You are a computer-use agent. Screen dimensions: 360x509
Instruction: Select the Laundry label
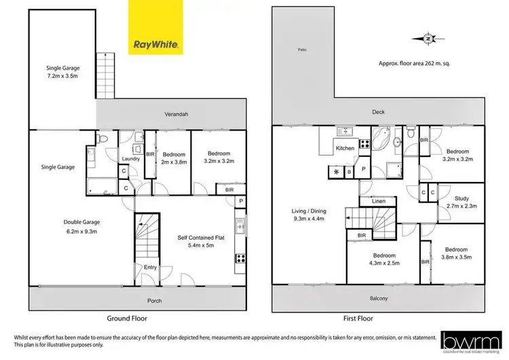coord(130,159)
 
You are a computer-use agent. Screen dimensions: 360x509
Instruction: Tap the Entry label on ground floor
coord(150,268)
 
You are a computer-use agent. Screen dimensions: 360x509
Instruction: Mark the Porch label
coord(155,300)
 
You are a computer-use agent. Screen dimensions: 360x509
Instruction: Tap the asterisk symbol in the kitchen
coord(335,172)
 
